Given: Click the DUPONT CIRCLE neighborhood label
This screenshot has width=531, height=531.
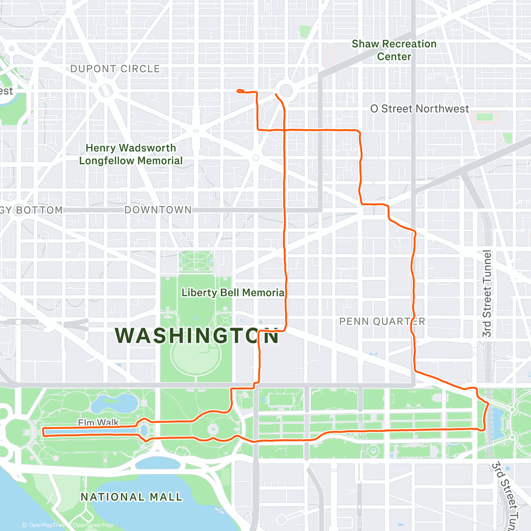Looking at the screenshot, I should pyautogui.click(x=115, y=69).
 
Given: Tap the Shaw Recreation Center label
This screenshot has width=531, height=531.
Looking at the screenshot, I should pyautogui.click(x=394, y=50).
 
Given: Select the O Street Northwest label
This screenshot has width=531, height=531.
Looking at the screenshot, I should pyautogui.click(x=419, y=109).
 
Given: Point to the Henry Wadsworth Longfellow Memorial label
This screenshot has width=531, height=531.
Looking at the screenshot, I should pyautogui.click(x=131, y=154).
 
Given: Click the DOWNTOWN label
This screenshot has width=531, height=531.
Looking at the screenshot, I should pyautogui.click(x=158, y=210).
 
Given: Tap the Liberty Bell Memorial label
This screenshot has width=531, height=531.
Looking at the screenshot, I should pyautogui.click(x=233, y=292).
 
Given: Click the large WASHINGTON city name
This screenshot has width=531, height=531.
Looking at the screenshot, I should pyautogui.click(x=197, y=336).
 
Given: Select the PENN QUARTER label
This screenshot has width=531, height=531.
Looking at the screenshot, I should pyautogui.click(x=382, y=322).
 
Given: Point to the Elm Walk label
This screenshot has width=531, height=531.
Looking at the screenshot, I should pyautogui.click(x=98, y=423).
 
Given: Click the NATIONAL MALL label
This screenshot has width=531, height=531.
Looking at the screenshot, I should pyautogui.click(x=131, y=497).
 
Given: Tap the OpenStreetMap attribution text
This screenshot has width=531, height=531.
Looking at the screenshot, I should pyautogui.click(x=92, y=525).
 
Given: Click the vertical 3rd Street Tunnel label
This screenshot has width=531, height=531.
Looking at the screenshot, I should pyautogui.click(x=487, y=294).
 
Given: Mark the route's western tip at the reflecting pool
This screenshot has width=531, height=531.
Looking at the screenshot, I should pyautogui.click(x=42, y=432).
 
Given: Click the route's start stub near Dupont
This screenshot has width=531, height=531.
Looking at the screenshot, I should pyautogui.click(x=239, y=91).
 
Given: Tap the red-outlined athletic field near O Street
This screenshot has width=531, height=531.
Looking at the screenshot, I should pyautogui.click(x=485, y=118).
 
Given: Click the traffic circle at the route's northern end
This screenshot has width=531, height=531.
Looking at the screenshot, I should pyautogui.click(x=286, y=91).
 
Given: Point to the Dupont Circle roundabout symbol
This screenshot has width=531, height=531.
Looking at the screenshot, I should pyautogui.click(x=107, y=91).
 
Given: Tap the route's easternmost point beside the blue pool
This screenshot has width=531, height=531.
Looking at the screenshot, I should pyautogui.click(x=488, y=404).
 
